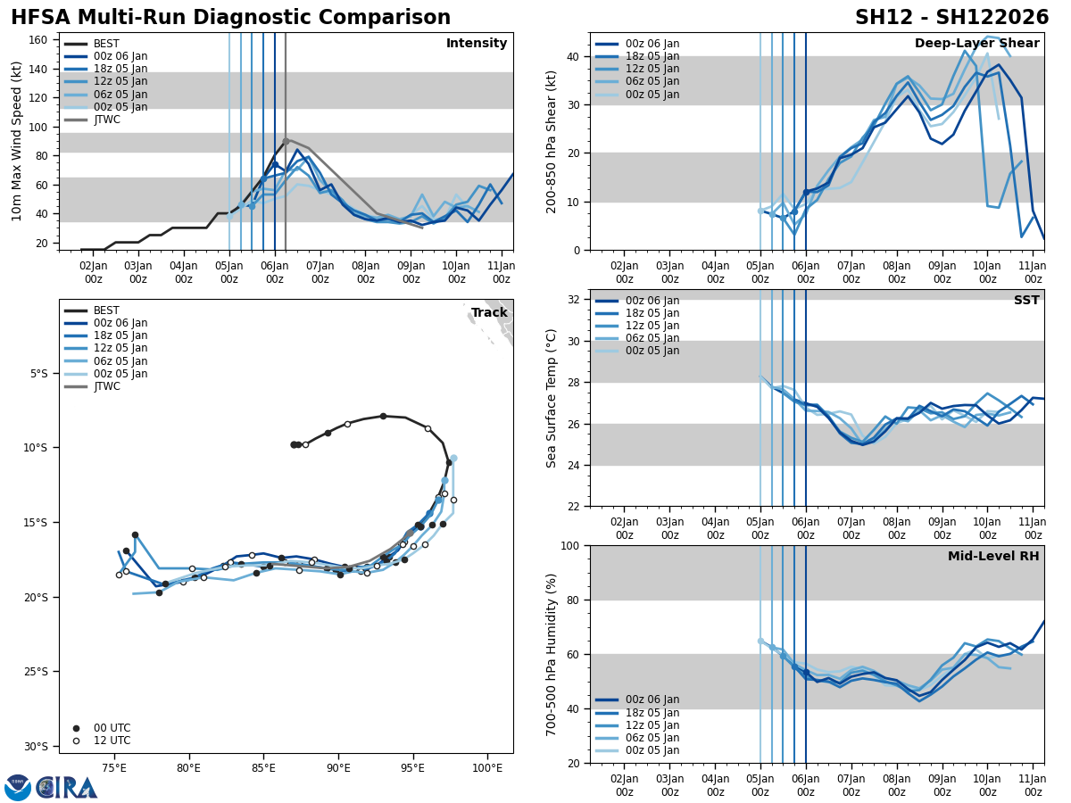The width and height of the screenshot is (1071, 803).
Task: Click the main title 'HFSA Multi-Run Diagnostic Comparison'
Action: point(230,18)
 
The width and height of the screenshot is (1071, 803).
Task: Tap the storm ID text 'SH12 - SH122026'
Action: point(951,18)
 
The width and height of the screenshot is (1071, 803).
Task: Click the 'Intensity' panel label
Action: point(477,44)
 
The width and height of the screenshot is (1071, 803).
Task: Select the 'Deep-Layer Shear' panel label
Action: point(976,44)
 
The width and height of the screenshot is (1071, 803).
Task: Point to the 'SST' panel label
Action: point(1026,301)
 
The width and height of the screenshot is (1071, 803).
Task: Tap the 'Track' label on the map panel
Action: point(489,313)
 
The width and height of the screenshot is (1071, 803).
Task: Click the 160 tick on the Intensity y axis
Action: point(38,40)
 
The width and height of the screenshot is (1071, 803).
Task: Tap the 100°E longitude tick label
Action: point(487,767)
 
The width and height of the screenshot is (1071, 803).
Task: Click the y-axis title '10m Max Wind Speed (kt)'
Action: point(18,141)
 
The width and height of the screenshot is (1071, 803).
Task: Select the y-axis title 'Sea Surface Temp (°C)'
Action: point(552,398)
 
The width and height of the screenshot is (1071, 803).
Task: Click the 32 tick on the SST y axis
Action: point(575,300)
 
